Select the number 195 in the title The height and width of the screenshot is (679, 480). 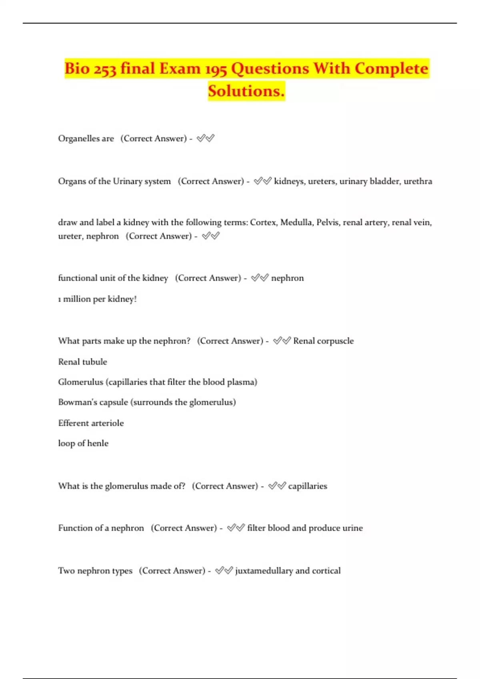(216, 69)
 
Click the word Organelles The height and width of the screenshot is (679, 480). (78, 139)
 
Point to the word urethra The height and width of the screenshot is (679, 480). (418, 181)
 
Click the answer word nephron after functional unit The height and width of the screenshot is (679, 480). (287, 278)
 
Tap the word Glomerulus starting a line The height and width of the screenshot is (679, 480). (80, 382)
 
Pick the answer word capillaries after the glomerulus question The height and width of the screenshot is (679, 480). (308, 486)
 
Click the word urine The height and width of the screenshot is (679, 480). (352, 528)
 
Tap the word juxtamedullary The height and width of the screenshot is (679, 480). (264, 571)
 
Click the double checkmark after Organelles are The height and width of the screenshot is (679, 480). (206, 139)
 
